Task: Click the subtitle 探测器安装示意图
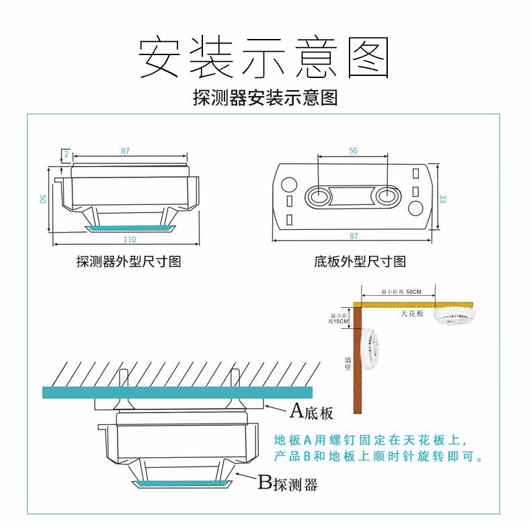pos(265,98)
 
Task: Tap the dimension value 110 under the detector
pos(130,239)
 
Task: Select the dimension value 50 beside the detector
pos(42,199)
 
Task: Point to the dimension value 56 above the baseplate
pos(354,151)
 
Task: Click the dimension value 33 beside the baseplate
pos(442,199)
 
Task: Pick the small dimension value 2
pos(67,153)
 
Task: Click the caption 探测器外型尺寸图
pos(128,262)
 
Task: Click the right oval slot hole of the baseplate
pos(387,196)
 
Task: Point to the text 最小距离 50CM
pos(401,292)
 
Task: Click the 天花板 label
pos(413,313)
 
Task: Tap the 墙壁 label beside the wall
pos(348,364)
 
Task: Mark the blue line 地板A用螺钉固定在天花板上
pos(370,441)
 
